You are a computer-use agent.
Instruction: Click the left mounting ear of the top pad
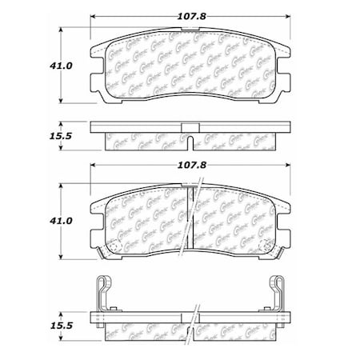pos(96,72)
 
